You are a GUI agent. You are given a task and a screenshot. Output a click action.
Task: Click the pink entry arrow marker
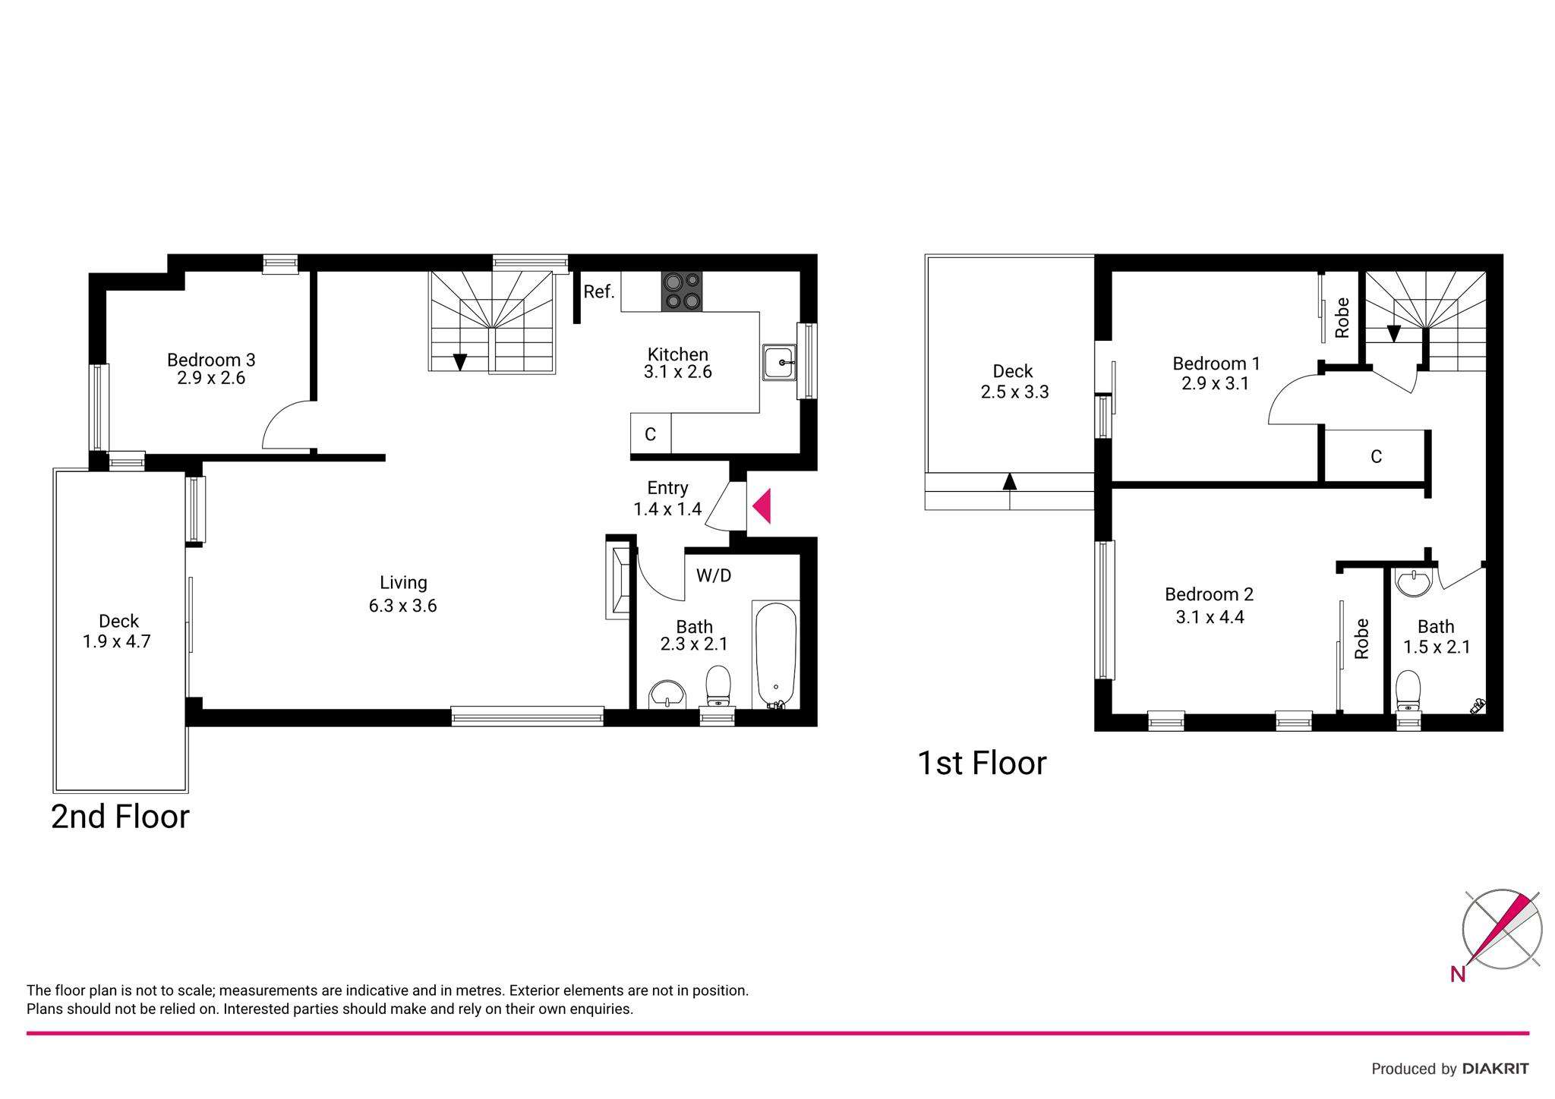coord(762,506)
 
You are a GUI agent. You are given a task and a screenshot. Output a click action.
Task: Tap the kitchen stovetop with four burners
coord(681,291)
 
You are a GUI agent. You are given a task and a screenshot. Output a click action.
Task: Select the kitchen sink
coord(779,363)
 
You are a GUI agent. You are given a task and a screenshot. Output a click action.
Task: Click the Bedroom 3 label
coord(211,360)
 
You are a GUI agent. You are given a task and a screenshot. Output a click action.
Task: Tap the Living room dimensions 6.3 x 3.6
coord(403,606)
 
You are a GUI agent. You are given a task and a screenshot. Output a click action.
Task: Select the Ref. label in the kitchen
coord(599,291)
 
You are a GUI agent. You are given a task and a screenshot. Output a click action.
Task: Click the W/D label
coord(714,576)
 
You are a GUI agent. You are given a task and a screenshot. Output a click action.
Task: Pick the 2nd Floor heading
coord(120,817)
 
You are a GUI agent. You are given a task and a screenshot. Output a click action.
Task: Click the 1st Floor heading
coord(982,764)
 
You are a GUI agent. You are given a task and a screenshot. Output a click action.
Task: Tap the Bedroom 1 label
coord(1216,364)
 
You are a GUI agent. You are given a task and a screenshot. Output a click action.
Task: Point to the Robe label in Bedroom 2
coord(1361,638)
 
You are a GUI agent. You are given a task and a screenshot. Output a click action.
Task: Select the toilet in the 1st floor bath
coord(1408,690)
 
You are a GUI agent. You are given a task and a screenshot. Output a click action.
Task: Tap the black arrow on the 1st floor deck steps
coord(1009,481)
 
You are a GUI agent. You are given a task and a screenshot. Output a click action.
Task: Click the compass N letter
coord(1458,975)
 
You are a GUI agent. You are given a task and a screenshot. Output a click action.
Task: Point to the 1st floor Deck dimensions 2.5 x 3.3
coord(1014,392)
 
